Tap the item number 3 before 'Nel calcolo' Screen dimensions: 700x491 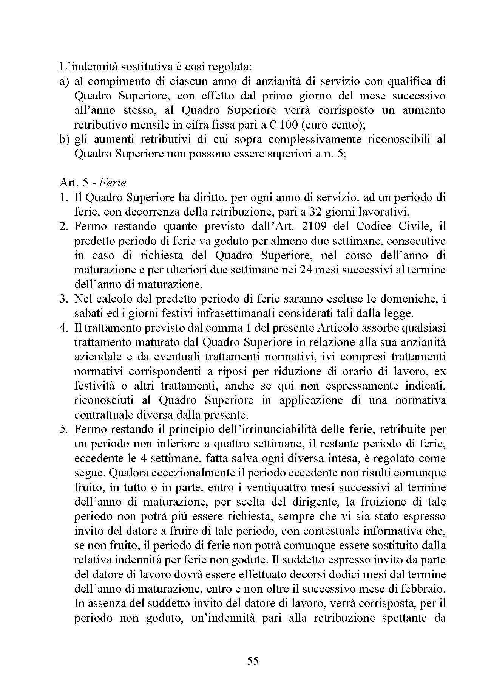[x=63, y=299]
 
